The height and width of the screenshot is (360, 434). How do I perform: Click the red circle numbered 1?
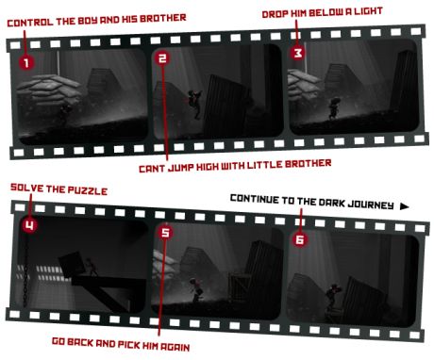point(26,62)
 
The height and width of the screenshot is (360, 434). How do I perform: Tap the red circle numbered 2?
point(162,57)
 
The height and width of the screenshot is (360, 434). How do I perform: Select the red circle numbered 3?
point(298,52)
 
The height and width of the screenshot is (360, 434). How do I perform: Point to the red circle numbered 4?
point(29,225)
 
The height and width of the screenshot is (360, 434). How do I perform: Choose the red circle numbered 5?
point(165,233)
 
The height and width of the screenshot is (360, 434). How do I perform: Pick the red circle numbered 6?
point(300,239)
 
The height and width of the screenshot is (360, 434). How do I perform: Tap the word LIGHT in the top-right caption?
point(368,11)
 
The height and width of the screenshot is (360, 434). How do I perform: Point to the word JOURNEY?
point(371,205)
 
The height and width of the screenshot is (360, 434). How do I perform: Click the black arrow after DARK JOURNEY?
point(405,206)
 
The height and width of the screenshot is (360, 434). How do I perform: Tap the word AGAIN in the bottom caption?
point(175,347)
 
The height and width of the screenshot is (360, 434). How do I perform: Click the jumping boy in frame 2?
point(195,104)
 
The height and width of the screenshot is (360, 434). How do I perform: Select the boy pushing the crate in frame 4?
point(92,268)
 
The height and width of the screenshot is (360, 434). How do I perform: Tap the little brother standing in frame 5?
point(196,289)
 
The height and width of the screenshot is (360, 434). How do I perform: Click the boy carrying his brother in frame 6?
point(332,298)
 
